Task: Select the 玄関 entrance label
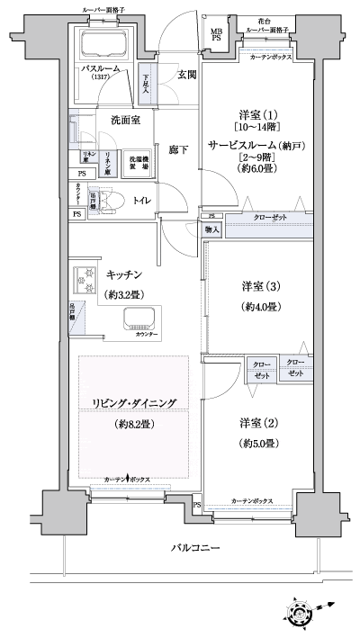click(186, 75)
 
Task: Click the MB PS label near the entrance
click(216, 36)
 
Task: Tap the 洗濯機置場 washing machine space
click(136, 160)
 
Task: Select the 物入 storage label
click(211, 230)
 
